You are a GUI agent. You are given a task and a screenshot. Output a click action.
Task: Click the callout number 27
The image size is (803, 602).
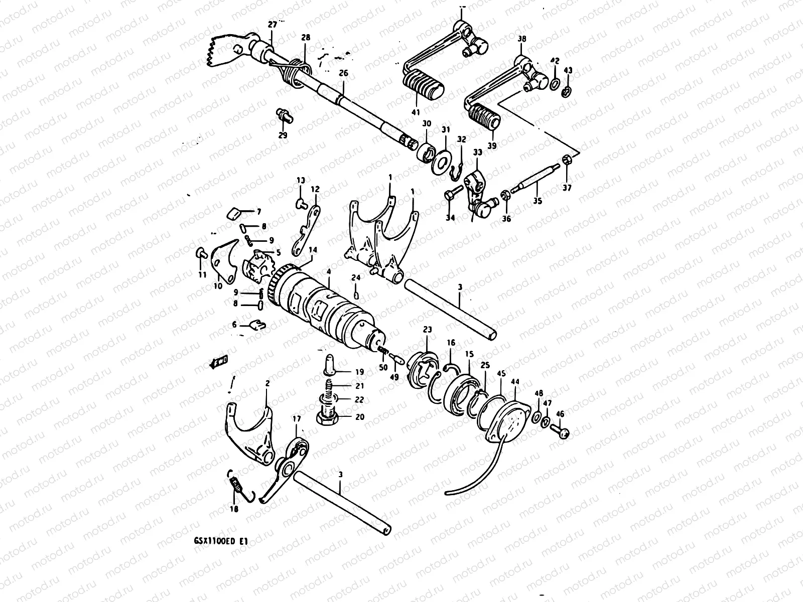point(272,25)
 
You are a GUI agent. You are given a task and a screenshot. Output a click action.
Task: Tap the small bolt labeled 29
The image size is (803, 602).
point(284,115)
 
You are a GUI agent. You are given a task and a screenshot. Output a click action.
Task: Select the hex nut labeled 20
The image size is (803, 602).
point(327,417)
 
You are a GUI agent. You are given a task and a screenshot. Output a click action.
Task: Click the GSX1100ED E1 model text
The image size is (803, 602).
point(220,541)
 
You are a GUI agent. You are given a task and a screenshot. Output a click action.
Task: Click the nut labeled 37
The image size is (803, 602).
point(567,161)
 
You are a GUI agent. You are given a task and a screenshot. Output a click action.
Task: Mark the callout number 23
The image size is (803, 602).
point(427,331)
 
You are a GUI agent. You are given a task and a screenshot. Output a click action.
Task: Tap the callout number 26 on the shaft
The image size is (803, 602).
point(343,73)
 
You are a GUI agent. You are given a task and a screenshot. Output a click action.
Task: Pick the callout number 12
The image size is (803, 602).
point(315,190)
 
